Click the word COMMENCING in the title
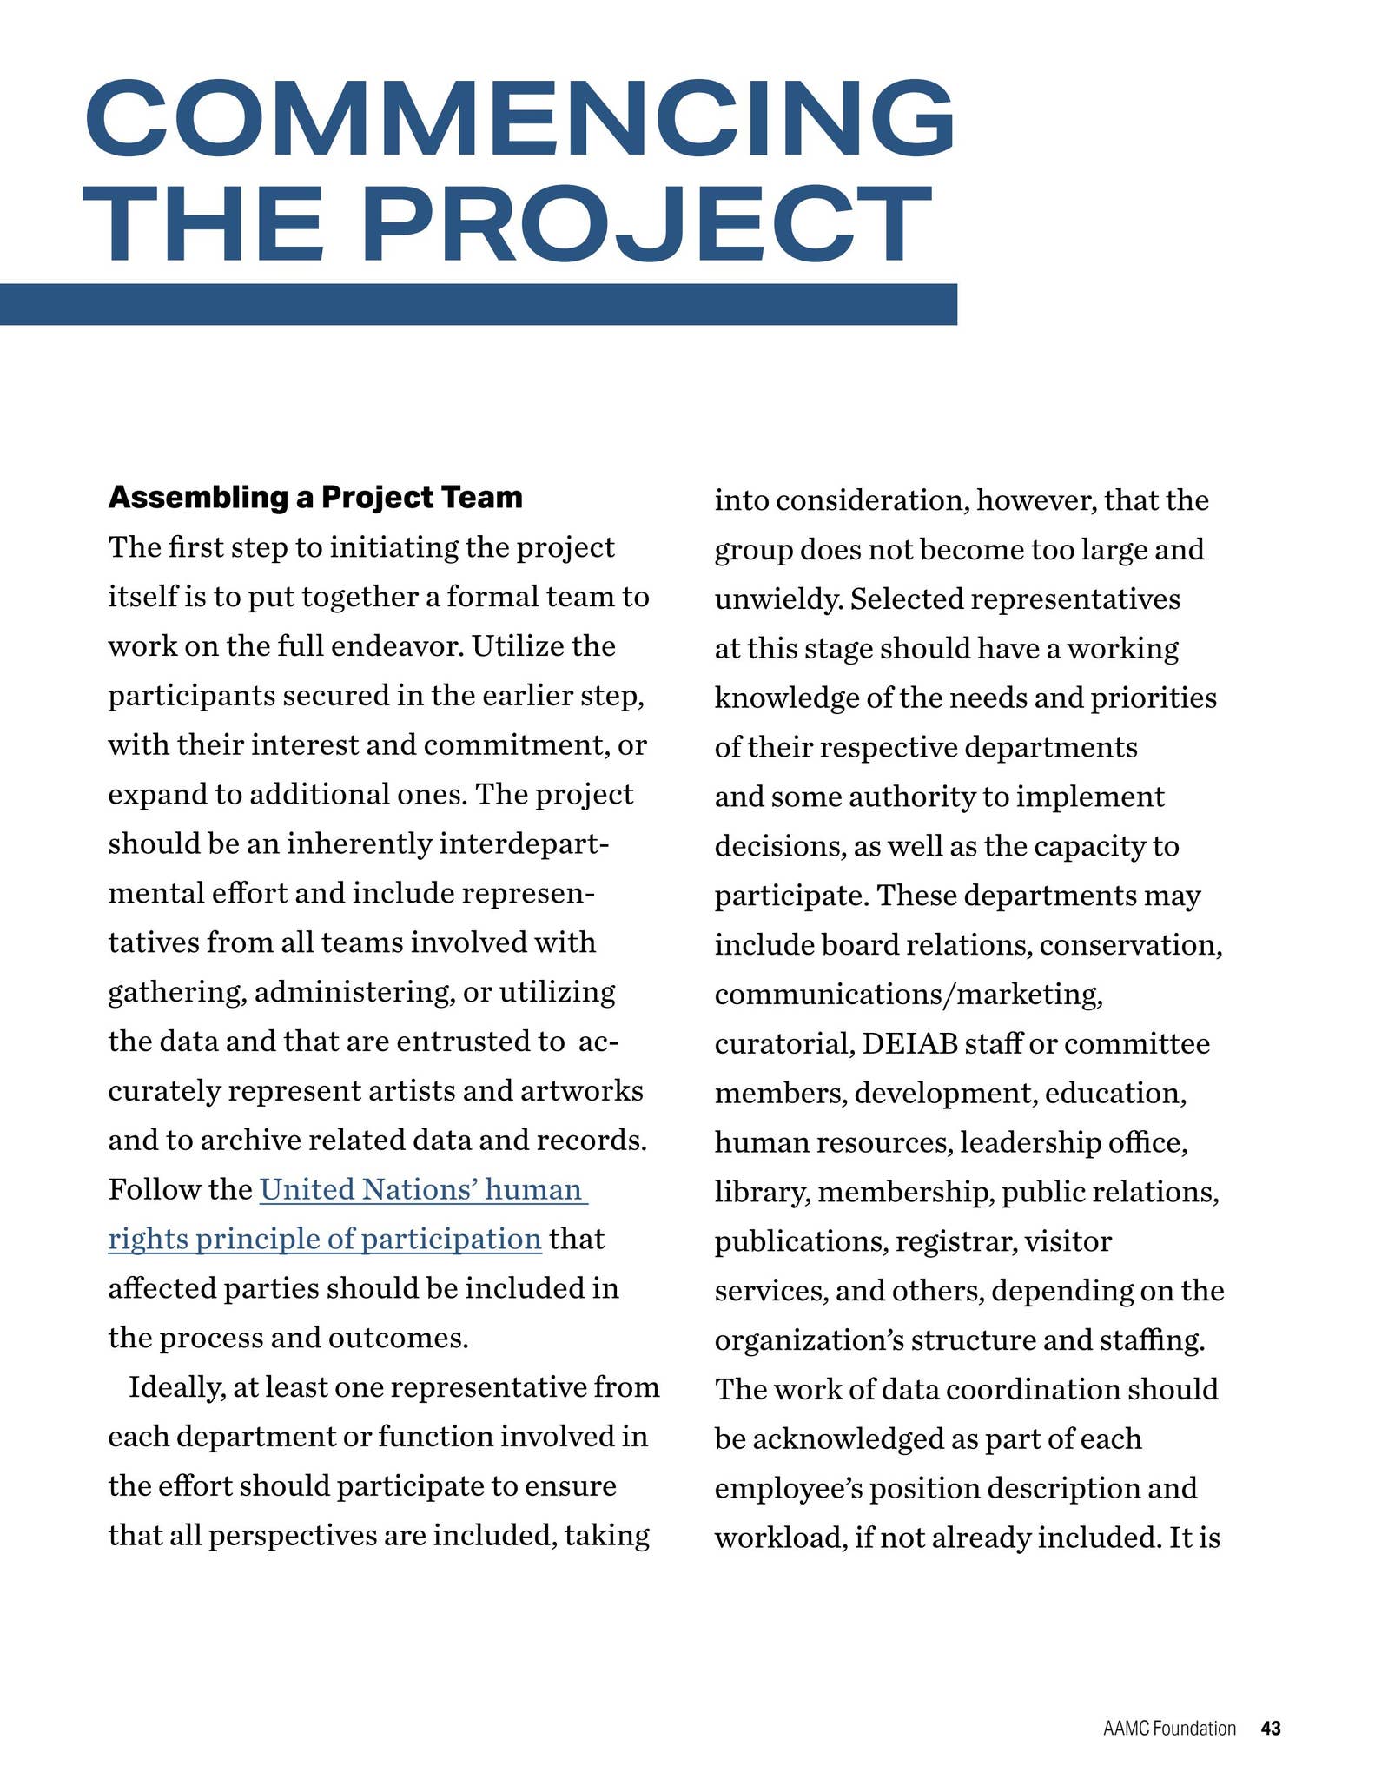(519, 117)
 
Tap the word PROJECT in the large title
(647, 224)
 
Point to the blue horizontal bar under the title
(478, 304)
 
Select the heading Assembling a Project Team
(315, 498)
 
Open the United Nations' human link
(423, 1189)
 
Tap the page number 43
(1271, 1729)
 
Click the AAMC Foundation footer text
(1169, 1729)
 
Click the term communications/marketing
(909, 995)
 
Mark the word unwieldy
(777, 599)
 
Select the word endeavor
(392, 646)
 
